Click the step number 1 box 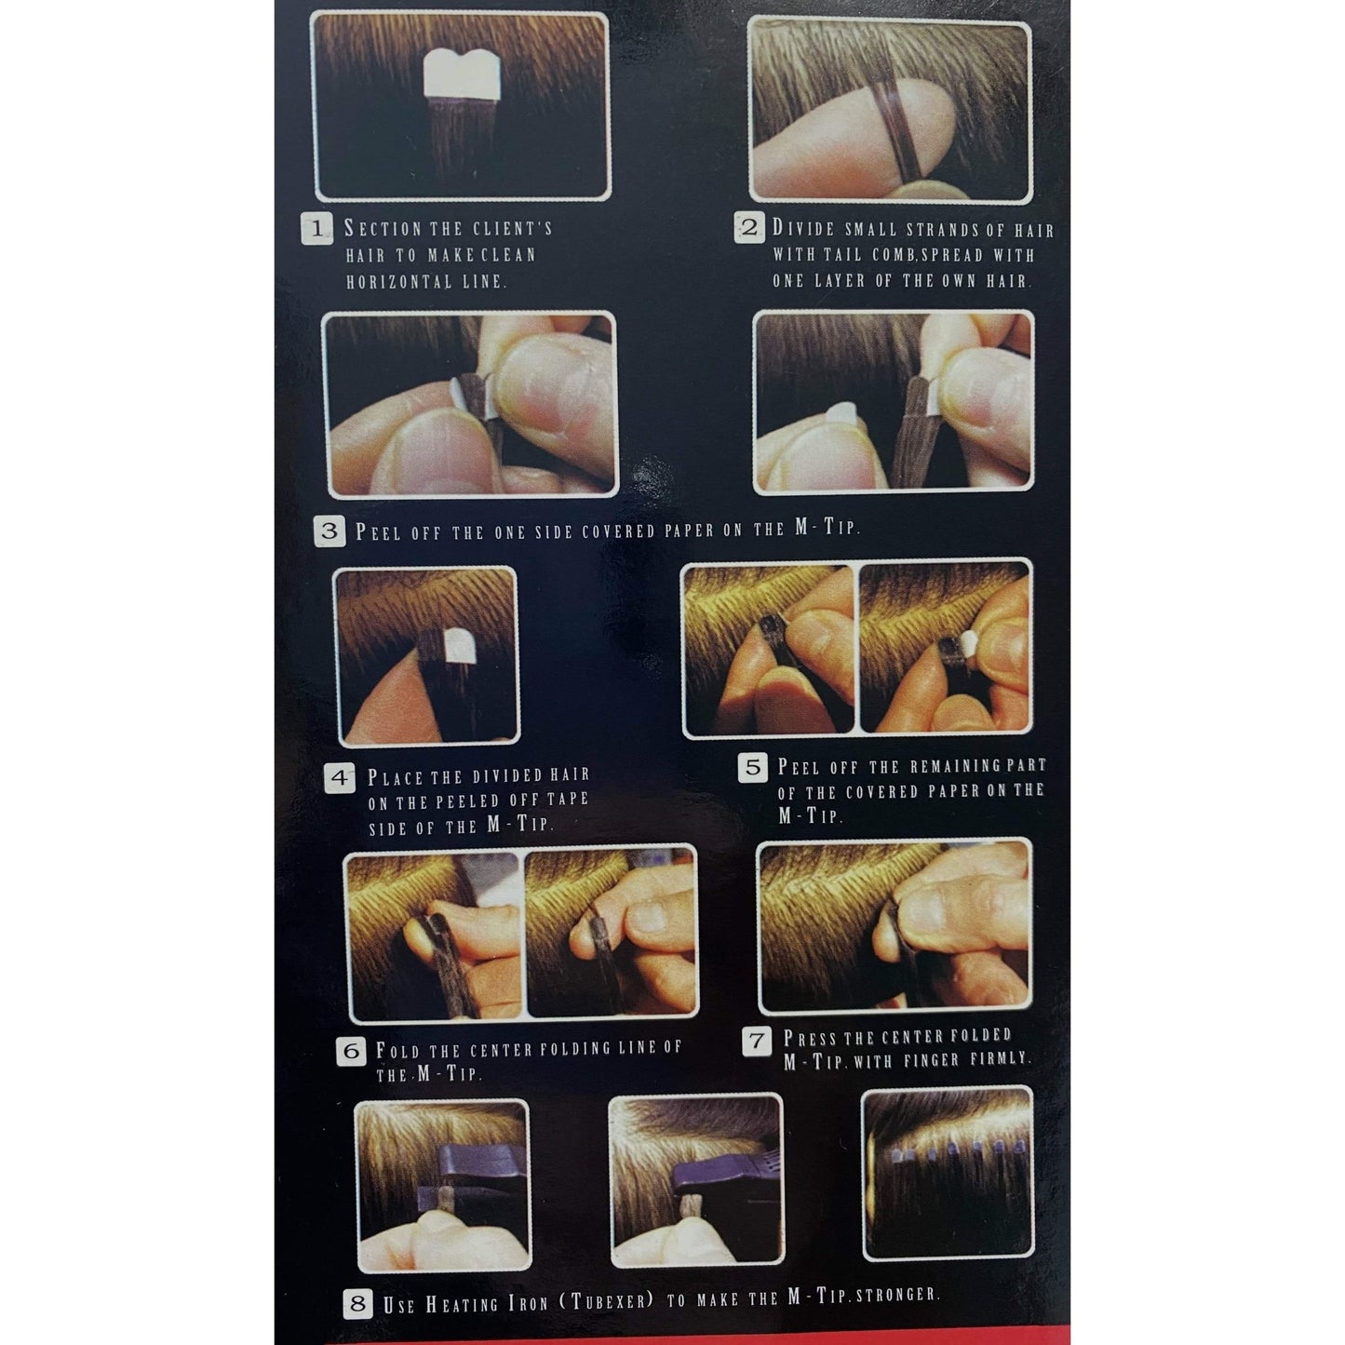pos(317,229)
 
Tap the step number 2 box pos(748,228)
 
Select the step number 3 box pos(330,531)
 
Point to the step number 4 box pos(341,777)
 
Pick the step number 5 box pos(752,768)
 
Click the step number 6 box pos(351,1052)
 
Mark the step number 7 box pos(758,1041)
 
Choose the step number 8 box pos(358,1303)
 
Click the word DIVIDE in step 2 pos(804,229)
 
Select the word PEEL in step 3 pos(378,532)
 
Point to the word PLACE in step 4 pos(396,777)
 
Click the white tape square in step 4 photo pos(458,644)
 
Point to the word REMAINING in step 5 pos(948,766)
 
